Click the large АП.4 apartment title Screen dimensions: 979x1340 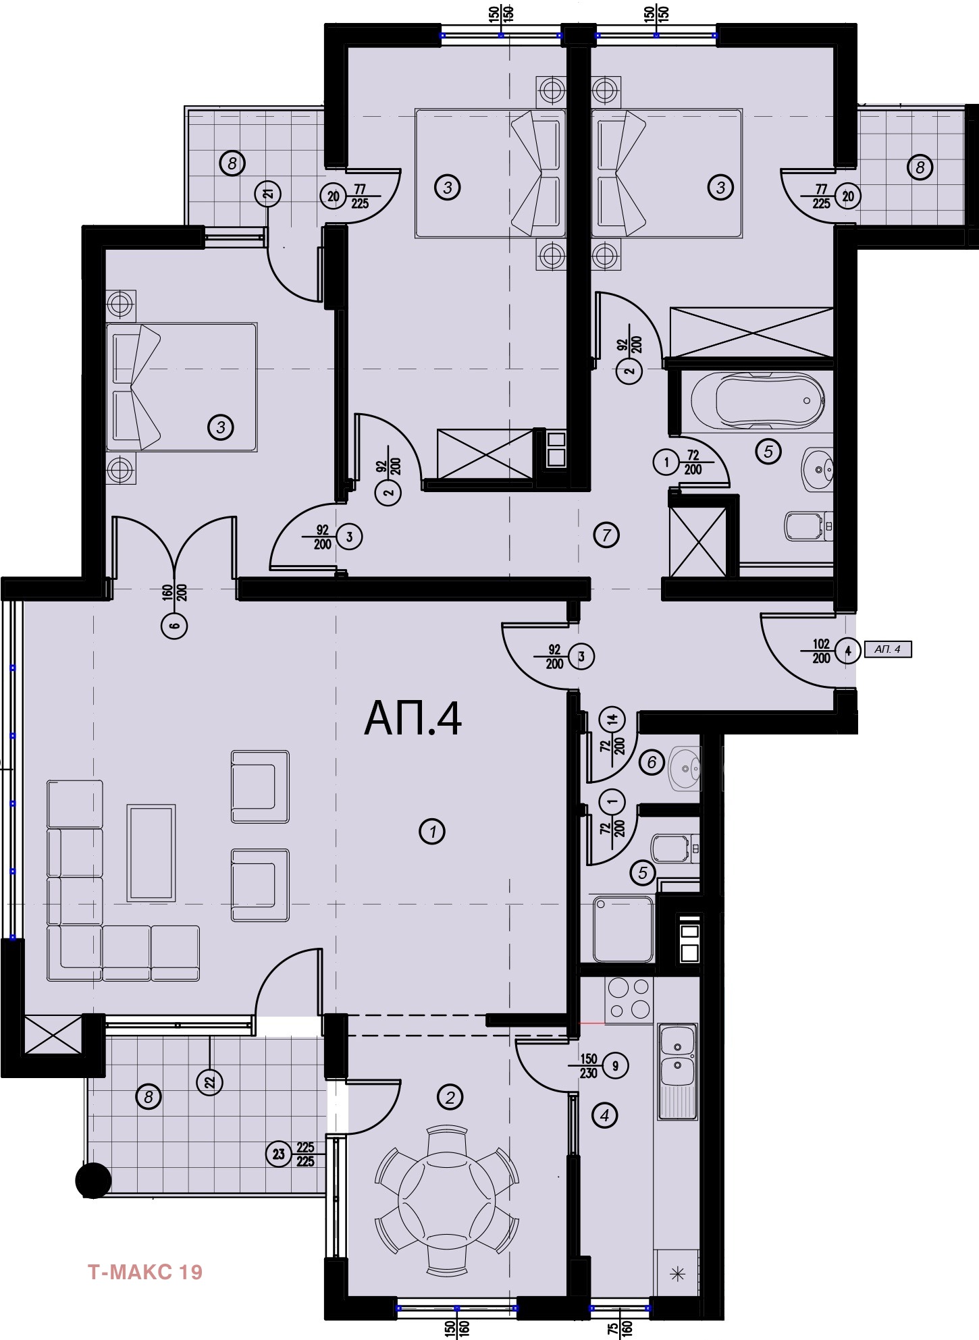tap(413, 718)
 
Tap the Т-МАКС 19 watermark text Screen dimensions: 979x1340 tap(145, 1272)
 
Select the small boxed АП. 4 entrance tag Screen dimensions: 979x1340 tap(888, 649)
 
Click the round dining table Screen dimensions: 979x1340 tap(447, 1197)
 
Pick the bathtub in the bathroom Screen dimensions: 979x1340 tap(757, 400)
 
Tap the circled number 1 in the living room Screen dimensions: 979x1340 tap(432, 831)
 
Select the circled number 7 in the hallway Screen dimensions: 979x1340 tap(606, 535)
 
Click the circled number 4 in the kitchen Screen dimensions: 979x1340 tap(604, 1116)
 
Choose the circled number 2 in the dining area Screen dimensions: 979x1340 tap(450, 1097)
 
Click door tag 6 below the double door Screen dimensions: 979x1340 tap(175, 626)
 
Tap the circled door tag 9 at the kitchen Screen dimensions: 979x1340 tap(616, 1065)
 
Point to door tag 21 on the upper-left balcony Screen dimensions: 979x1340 tap(269, 194)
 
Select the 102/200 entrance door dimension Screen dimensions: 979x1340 tap(821, 651)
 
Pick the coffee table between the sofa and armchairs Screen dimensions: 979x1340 tap(151, 853)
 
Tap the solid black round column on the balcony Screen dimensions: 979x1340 tap(93, 1181)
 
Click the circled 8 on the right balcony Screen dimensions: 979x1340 tap(920, 167)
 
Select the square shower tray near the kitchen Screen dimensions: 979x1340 tap(623, 928)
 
